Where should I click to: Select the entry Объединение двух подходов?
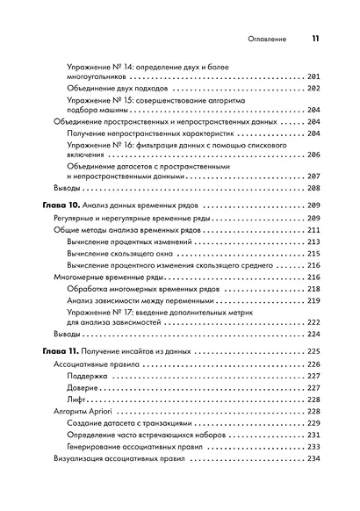pyautogui.click(x=124, y=90)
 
